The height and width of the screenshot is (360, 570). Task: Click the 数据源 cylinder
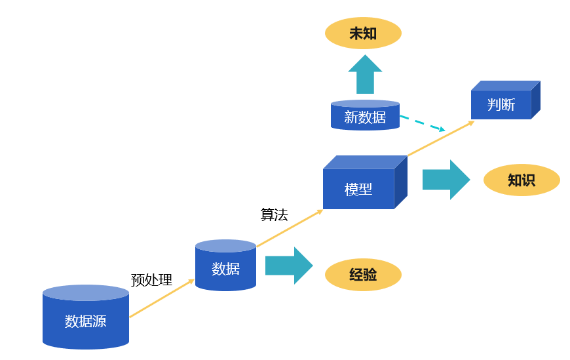(86, 321)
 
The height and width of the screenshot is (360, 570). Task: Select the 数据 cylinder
(225, 268)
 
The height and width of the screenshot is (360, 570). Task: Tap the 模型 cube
(358, 189)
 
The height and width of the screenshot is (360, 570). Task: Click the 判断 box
(501, 104)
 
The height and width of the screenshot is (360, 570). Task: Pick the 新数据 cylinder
(365, 117)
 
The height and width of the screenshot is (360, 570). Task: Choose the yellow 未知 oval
(363, 33)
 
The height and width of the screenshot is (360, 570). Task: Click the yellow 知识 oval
(522, 180)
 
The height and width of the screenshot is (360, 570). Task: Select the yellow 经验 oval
(363, 275)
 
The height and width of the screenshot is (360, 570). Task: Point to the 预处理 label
(151, 281)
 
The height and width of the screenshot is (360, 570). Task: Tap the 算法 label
(274, 214)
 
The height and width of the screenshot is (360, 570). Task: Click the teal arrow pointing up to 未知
(365, 75)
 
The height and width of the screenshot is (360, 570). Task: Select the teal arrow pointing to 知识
(446, 180)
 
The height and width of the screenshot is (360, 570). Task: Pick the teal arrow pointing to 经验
(289, 266)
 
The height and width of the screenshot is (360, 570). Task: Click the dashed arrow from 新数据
(422, 123)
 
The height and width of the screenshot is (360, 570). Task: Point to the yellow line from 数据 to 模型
(289, 229)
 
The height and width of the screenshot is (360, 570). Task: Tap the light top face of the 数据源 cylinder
(86, 292)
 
